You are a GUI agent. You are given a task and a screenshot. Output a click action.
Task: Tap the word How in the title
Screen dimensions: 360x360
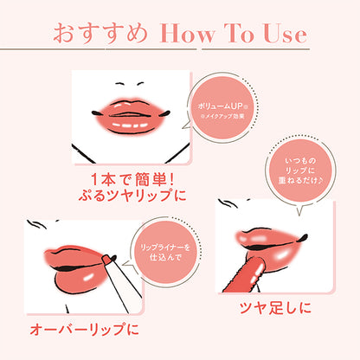183,36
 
